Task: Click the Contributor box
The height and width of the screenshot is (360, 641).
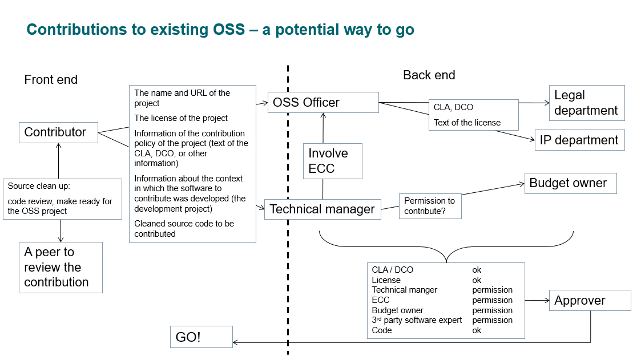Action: click(x=58, y=132)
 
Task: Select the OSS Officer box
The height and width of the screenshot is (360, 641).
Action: click(x=322, y=103)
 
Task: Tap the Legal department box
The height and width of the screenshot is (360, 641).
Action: click(x=587, y=103)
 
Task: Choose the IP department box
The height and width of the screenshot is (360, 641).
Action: click(x=579, y=140)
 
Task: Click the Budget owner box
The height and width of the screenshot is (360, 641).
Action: click(x=570, y=183)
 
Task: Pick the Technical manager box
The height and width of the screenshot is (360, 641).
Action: click(x=322, y=209)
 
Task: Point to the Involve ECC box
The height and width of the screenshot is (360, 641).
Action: click(x=333, y=160)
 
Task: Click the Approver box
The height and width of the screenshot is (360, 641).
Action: click(x=590, y=301)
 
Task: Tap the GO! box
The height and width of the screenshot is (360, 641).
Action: click(x=201, y=337)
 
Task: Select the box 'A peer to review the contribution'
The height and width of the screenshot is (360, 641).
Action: click(x=61, y=268)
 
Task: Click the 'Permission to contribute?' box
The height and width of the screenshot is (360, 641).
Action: click(x=430, y=206)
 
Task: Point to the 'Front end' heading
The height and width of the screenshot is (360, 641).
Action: click(x=51, y=80)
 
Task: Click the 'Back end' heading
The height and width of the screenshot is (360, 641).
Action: click(x=429, y=75)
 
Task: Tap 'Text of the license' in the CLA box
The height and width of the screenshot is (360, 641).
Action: click(x=467, y=123)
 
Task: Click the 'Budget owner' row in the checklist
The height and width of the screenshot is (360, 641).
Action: click(x=398, y=310)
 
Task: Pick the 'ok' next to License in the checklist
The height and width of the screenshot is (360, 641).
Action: click(x=477, y=280)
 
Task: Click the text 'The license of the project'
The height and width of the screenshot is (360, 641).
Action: click(x=181, y=118)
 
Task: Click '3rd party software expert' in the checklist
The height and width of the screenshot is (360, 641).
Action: click(x=417, y=320)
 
